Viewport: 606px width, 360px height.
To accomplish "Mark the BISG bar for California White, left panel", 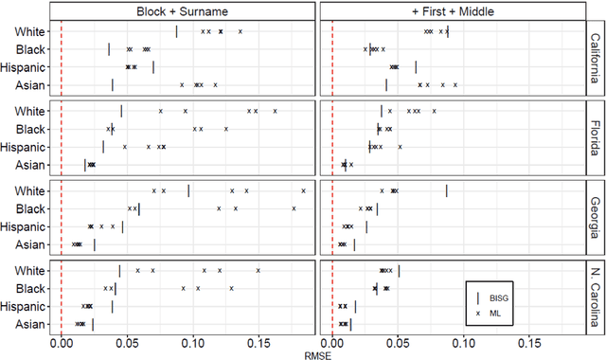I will point(176,32).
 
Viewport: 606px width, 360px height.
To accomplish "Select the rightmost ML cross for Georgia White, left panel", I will point(304,190).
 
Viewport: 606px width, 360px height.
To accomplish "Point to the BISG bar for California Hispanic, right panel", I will point(416,67).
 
